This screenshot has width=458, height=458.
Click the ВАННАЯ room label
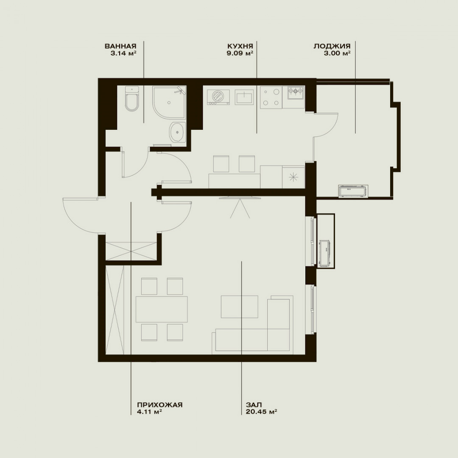(120, 46)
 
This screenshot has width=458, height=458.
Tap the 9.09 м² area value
(240, 53)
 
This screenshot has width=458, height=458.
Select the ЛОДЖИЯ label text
(332, 46)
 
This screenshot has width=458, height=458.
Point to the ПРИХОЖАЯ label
(160, 405)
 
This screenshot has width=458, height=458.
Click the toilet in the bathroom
(132, 98)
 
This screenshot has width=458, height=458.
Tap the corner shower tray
(169, 102)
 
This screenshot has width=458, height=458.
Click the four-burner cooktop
(271, 98)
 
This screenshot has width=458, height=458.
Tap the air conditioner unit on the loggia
(353, 191)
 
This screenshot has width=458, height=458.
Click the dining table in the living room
(162, 309)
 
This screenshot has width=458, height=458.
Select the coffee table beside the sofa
(240, 307)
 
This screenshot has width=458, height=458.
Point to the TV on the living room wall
(240, 198)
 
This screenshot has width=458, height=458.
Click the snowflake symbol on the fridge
(292, 177)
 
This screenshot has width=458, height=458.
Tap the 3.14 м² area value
(123, 53)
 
